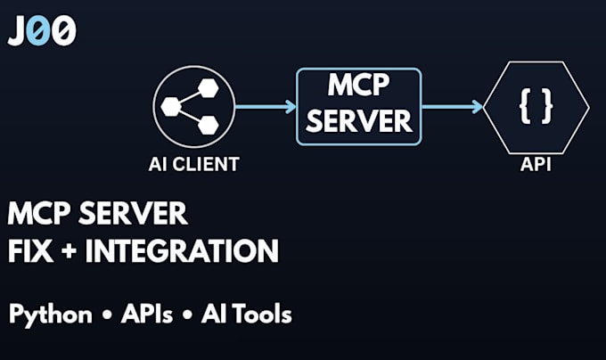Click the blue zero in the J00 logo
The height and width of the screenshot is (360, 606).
pos(40,31)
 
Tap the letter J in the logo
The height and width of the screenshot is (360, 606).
pos(18,31)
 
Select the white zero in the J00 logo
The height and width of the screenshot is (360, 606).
pos(64,31)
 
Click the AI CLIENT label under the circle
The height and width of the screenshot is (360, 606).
pos(194,164)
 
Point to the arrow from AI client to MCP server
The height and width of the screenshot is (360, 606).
pos(266,107)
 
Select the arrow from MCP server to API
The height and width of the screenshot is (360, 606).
pos(452,107)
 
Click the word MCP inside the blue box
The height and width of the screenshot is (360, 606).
pos(358,85)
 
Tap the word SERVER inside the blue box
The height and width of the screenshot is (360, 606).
pos(358,121)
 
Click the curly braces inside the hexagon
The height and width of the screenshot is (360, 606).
pos(536,106)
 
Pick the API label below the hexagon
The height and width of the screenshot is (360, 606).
pos(536,164)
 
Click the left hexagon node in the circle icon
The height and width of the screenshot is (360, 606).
pos(171,107)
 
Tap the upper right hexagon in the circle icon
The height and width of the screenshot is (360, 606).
pos(209,88)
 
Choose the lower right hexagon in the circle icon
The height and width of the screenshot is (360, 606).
pos(209,125)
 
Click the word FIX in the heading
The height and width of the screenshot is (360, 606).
pos(30,250)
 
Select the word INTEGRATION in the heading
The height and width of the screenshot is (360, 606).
pos(182,250)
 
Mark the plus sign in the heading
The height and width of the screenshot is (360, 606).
pos(69,251)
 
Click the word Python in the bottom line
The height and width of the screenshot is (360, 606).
pos(51,315)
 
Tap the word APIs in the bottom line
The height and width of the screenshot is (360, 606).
pos(147,314)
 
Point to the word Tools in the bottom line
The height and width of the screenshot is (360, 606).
pos(262,314)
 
